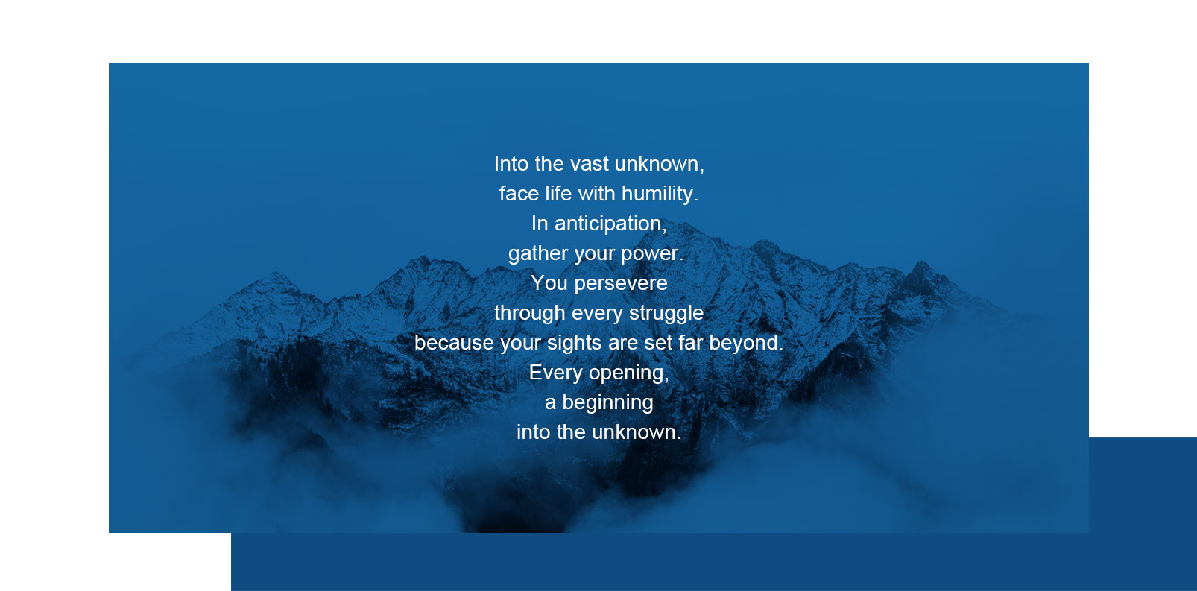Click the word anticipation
[609, 224]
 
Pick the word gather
[538, 254]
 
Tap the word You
[549, 283]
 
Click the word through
[530, 313]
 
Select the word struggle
[666, 313]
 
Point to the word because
[454, 343]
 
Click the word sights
[575, 344]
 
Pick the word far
[691, 343]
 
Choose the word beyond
[746, 343]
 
